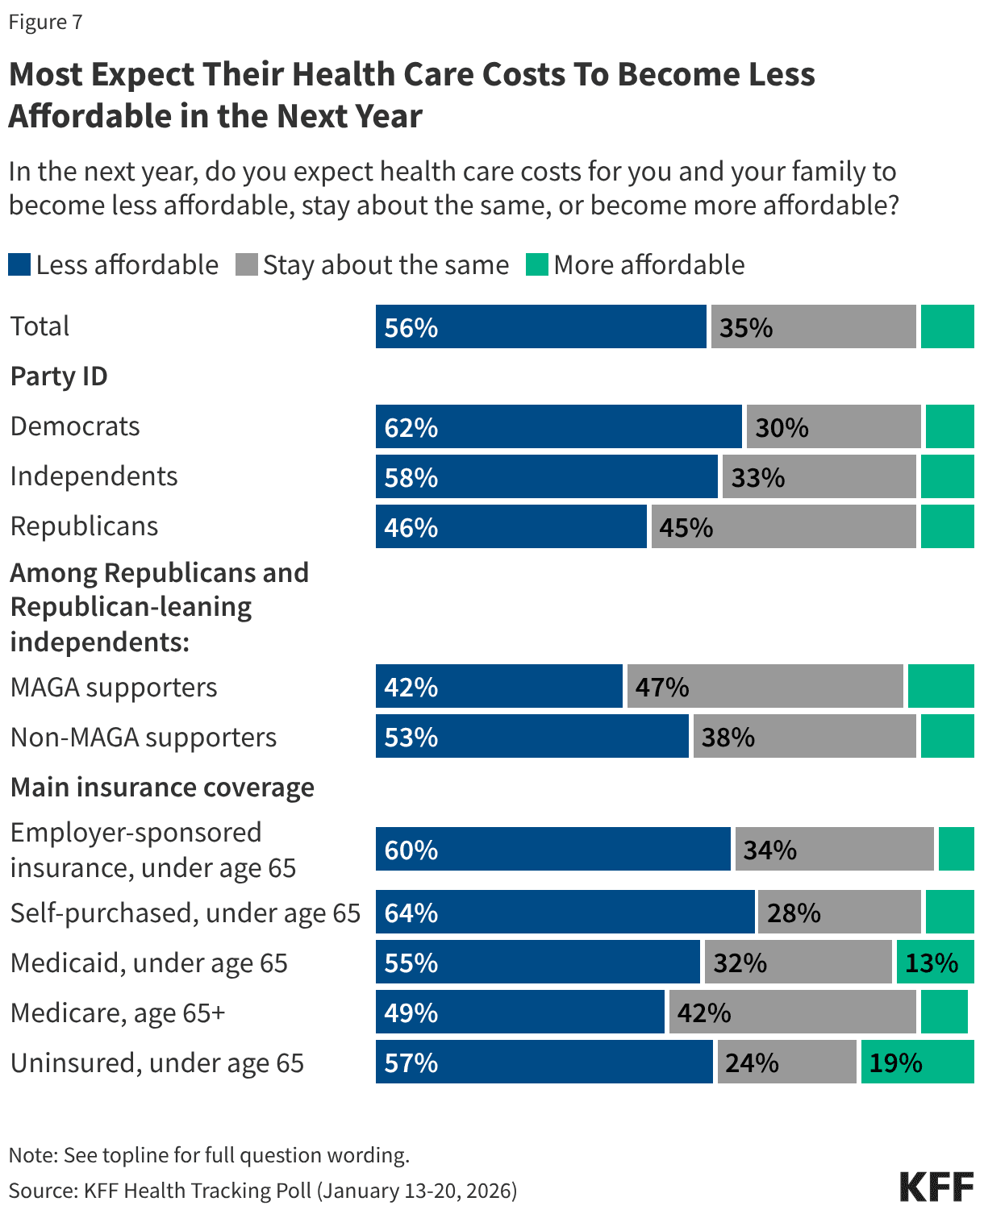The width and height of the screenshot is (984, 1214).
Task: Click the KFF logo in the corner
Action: (x=936, y=1187)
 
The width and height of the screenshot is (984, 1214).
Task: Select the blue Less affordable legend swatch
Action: (x=19, y=264)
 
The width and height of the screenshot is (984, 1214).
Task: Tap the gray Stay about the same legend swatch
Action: (x=247, y=264)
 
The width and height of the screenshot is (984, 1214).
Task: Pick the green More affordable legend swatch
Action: (x=537, y=264)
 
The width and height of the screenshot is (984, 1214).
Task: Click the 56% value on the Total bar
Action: (x=411, y=327)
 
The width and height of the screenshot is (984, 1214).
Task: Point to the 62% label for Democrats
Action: (x=411, y=427)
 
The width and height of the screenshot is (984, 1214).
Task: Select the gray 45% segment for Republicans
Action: (x=782, y=527)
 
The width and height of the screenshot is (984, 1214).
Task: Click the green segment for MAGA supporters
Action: (x=940, y=687)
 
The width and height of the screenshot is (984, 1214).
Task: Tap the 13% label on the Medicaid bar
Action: (x=932, y=962)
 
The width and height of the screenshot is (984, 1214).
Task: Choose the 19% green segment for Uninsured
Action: (x=917, y=1062)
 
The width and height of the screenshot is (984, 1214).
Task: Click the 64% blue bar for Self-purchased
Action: (x=565, y=913)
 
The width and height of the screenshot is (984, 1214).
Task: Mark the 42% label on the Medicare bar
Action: (x=704, y=1012)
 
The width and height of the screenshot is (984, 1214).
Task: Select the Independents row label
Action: (x=94, y=476)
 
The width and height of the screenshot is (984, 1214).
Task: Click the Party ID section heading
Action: (x=59, y=376)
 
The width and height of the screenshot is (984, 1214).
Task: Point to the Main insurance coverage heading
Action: (x=162, y=787)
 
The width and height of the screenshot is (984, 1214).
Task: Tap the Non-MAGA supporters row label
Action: (x=144, y=738)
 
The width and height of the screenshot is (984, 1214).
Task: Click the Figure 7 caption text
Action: (x=45, y=22)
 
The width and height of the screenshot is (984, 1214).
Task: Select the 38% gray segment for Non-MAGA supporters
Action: (x=803, y=737)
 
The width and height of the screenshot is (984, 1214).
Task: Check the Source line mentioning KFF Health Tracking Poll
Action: (x=263, y=1191)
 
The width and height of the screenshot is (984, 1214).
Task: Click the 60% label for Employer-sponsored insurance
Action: (x=411, y=850)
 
